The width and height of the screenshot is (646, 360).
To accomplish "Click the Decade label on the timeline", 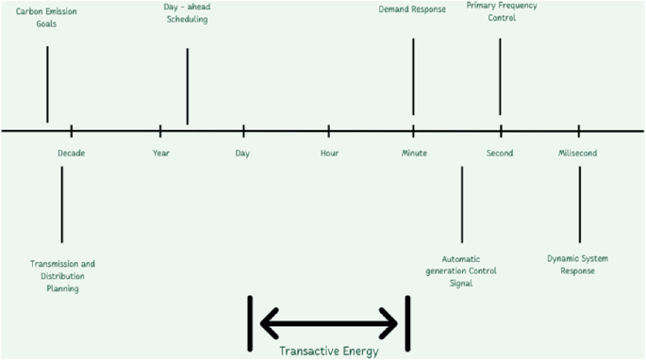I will [x=71, y=153].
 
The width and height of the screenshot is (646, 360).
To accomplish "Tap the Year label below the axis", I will [x=160, y=153].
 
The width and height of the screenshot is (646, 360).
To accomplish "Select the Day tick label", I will [x=242, y=153].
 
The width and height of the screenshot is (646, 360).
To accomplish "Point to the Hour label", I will [x=329, y=153].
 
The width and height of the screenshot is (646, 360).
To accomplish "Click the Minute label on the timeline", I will [x=414, y=153].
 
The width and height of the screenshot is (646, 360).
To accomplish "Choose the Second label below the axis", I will [x=500, y=153].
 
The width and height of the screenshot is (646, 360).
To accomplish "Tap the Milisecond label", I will [x=577, y=153].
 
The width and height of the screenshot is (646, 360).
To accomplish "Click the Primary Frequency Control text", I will [x=502, y=11].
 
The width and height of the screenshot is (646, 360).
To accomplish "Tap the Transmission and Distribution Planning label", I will [x=62, y=276].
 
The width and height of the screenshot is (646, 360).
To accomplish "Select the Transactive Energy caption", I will [x=328, y=352].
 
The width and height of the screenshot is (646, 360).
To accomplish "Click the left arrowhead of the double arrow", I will [x=267, y=324].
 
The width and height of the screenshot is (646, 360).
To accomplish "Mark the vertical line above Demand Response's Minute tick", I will [x=413, y=75].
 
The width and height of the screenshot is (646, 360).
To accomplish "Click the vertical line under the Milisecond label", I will [x=579, y=204].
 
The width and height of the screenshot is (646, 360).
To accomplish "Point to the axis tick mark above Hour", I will [x=329, y=130].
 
